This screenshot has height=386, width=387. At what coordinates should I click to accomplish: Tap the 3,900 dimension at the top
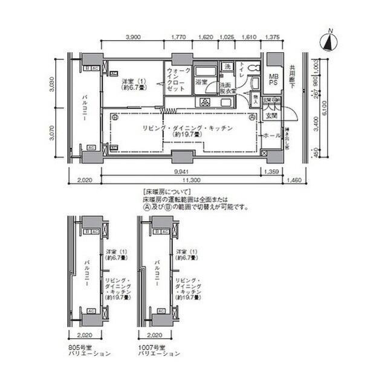[133, 37]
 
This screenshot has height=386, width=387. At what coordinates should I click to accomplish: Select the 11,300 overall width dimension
[192, 180]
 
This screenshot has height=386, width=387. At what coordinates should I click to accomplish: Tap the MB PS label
[274, 80]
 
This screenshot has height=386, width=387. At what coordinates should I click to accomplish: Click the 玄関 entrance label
[271, 115]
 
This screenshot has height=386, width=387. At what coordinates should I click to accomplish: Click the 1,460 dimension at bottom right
[294, 180]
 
